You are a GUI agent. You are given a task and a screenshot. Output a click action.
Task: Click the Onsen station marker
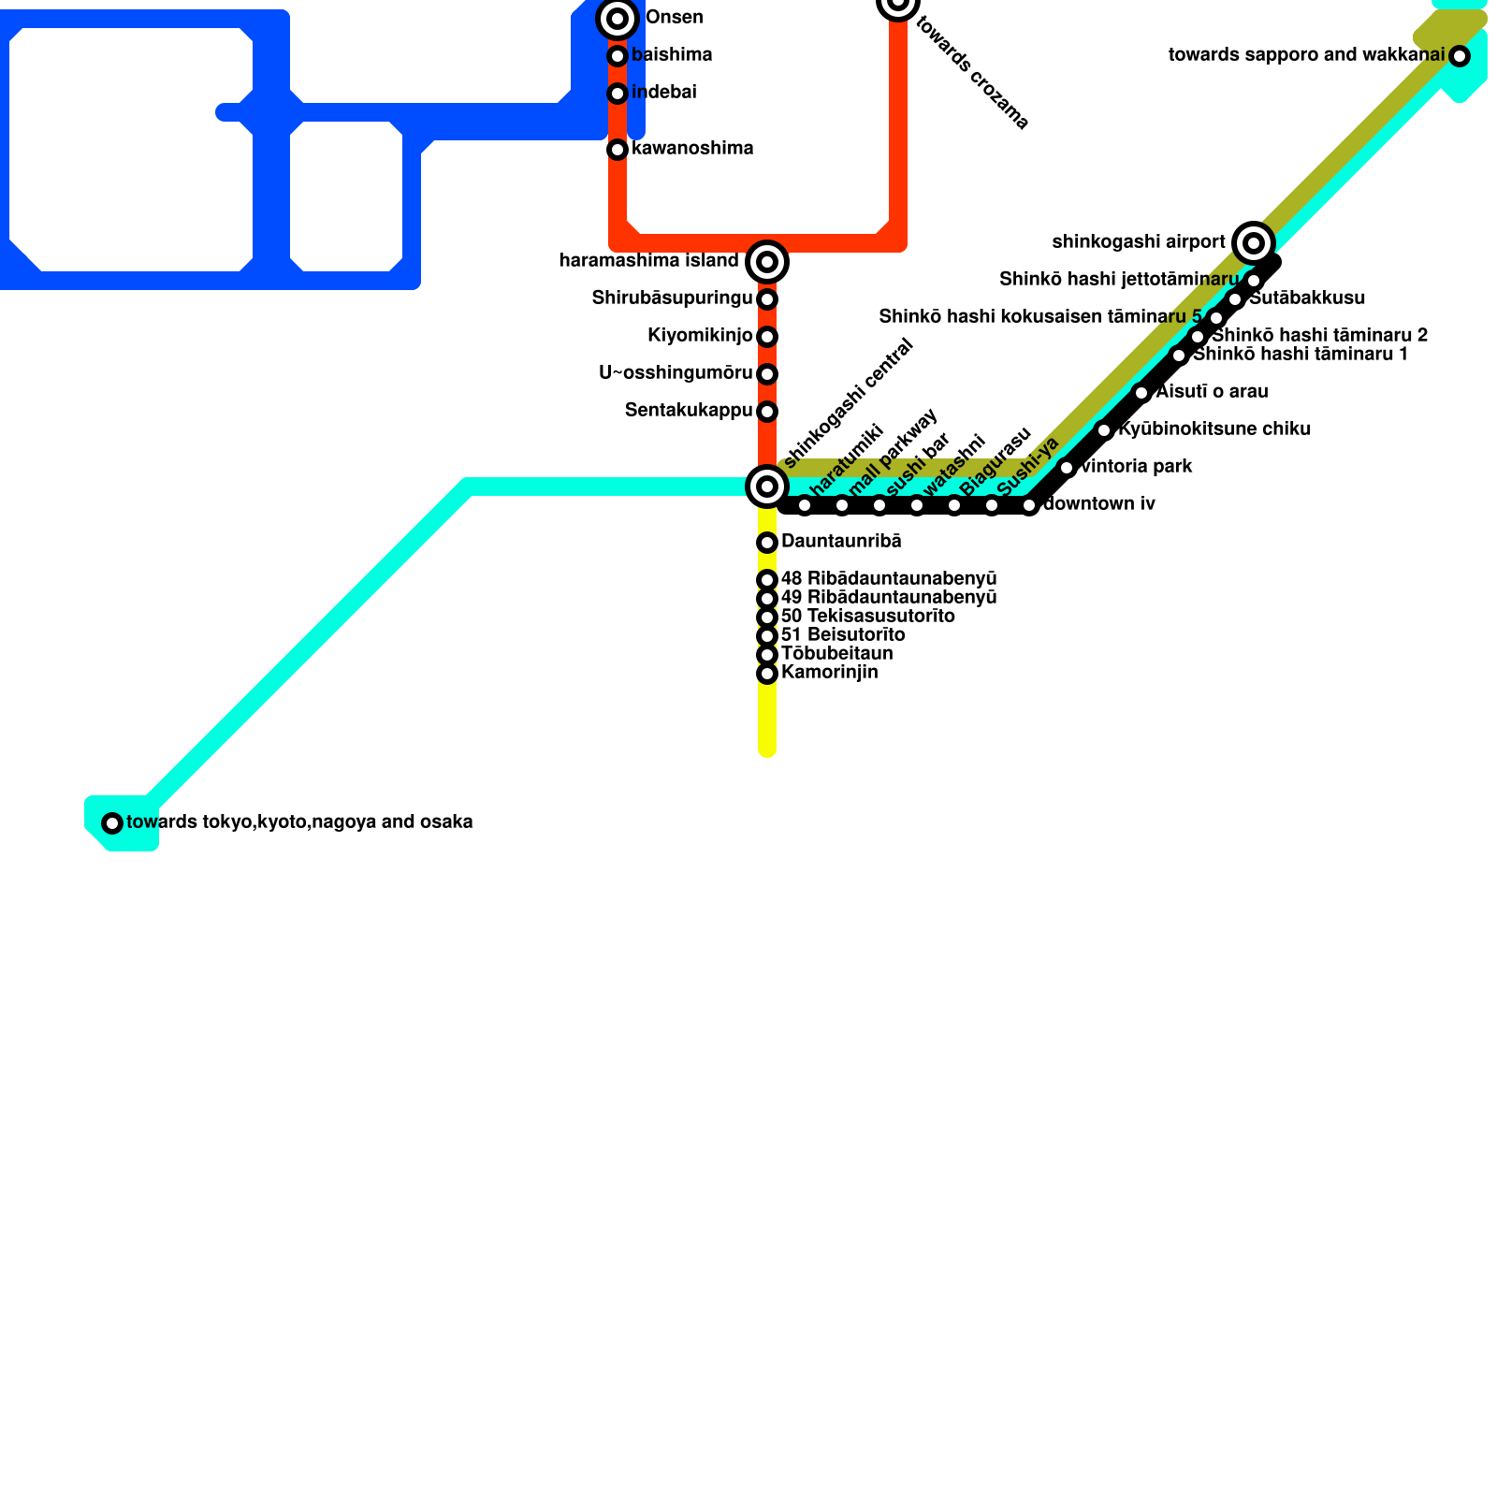click(618, 19)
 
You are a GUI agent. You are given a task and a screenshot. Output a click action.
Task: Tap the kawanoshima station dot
click(618, 150)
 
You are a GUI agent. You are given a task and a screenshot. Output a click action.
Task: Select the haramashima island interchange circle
click(767, 262)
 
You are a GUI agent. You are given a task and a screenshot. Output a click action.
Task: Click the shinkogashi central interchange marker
click(767, 487)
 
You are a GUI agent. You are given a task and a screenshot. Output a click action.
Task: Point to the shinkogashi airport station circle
click(1254, 243)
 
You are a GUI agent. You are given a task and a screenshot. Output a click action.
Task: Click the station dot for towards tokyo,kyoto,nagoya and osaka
click(112, 823)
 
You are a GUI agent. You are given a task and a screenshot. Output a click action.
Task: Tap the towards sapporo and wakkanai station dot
click(1460, 56)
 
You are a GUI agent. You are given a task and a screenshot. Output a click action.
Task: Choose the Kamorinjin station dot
click(767, 674)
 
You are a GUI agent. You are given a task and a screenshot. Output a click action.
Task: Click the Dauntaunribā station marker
click(767, 543)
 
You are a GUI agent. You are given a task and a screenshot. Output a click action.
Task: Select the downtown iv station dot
click(1029, 505)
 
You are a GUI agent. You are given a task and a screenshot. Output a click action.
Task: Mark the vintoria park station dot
click(1067, 468)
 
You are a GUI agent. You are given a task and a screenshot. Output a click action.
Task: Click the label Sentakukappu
click(689, 411)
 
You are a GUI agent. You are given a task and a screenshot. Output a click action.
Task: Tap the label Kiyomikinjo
click(700, 336)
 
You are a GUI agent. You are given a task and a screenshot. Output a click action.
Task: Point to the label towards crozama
click(972, 73)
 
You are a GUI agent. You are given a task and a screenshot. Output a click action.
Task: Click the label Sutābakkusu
click(1307, 298)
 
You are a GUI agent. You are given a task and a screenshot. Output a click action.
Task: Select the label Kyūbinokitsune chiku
click(1214, 429)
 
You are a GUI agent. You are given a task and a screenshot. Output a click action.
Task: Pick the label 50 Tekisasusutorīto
click(867, 617)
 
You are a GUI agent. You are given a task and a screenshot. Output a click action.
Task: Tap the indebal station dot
click(618, 94)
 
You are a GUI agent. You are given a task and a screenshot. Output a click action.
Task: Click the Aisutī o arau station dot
click(1141, 393)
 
